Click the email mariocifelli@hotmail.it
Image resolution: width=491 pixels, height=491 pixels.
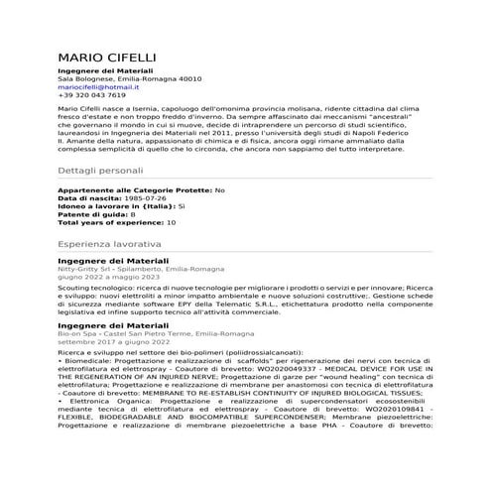(97, 86)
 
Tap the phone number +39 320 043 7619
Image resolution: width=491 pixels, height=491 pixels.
(91, 95)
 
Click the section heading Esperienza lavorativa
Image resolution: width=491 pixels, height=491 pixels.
(109, 242)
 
